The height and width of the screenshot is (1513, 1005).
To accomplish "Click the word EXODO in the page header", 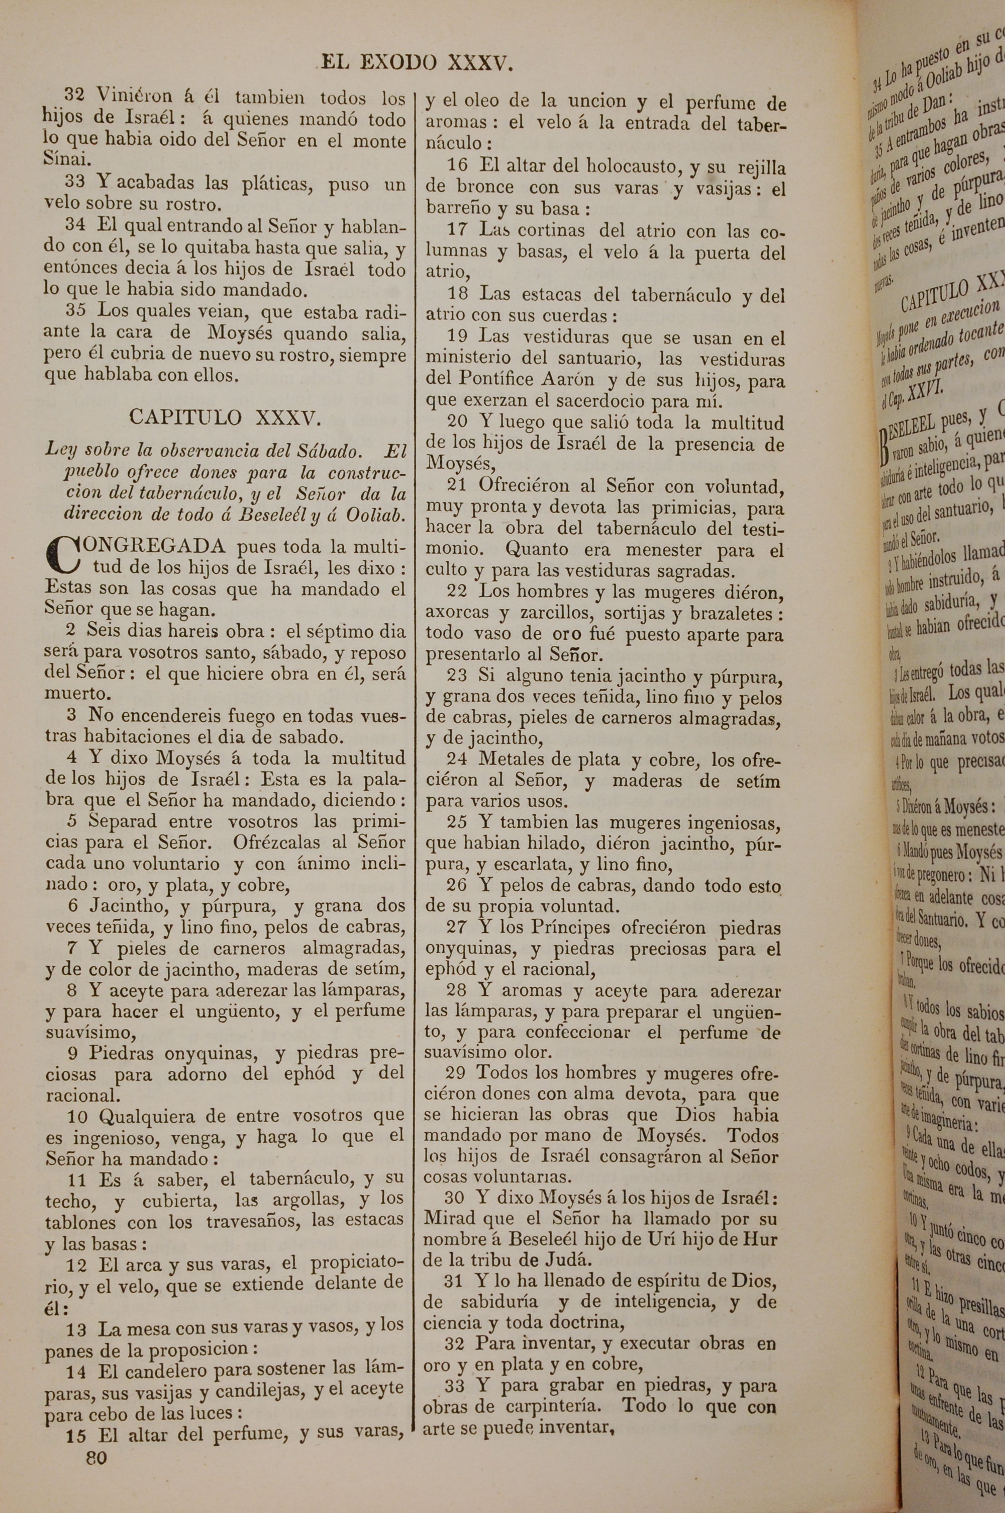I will click(398, 62).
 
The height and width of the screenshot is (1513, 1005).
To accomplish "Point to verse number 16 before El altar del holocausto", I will click(457, 165).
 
